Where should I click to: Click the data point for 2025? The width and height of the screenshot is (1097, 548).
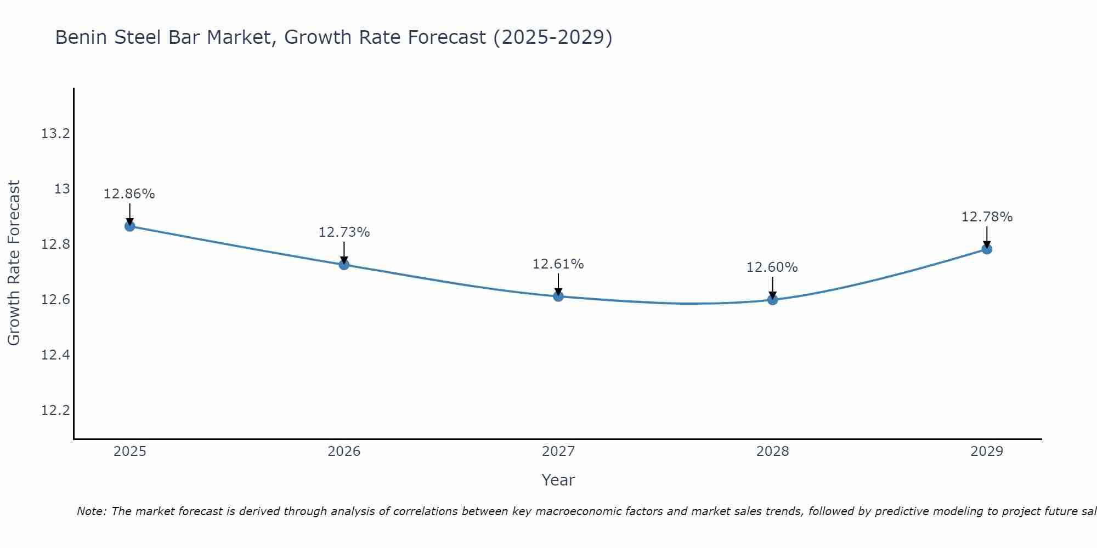(x=130, y=226)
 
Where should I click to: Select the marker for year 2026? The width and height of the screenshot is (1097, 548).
(x=344, y=264)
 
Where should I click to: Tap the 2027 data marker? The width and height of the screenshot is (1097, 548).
(x=558, y=296)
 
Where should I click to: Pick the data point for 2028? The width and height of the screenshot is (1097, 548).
(x=772, y=299)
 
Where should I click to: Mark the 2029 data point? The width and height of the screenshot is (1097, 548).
(x=986, y=249)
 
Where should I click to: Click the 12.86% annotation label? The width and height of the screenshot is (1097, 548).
(x=129, y=194)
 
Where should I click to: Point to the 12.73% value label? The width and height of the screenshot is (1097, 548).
(x=344, y=232)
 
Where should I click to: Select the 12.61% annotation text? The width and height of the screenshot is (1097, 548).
(x=558, y=264)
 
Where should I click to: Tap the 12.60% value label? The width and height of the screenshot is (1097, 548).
(x=772, y=267)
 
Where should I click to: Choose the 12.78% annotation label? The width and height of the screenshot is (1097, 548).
(x=987, y=217)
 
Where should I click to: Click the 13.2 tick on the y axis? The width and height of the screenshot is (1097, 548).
(x=56, y=134)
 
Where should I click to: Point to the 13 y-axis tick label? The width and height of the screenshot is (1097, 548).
(x=62, y=189)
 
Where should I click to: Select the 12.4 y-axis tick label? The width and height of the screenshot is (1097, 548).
(x=56, y=355)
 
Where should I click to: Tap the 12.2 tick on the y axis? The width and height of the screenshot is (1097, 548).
(x=56, y=410)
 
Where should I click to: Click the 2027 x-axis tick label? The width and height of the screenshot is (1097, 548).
(x=558, y=452)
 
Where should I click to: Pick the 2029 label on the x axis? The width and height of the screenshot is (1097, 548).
(x=986, y=452)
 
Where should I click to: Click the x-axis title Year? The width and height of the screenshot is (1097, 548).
(x=558, y=480)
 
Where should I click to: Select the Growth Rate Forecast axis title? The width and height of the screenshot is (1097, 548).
(x=14, y=263)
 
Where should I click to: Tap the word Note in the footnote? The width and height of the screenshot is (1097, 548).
(x=91, y=511)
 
